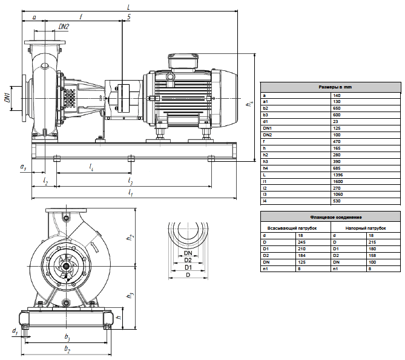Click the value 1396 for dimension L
pyautogui.click(x=338, y=175)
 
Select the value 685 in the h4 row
pyautogui.click(x=337, y=168)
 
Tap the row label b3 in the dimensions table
pyautogui.click(x=266, y=115)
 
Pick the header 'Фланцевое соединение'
pyautogui.click(x=336, y=217)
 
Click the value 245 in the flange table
pyautogui.click(x=301, y=242)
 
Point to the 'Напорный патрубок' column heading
pyautogui.click(x=366, y=228)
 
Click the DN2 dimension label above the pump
pyautogui.click(x=64, y=27)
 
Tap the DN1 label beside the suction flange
pyautogui.click(x=8, y=98)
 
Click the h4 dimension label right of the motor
pyautogui.click(x=249, y=104)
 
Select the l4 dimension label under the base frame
pyautogui.click(x=91, y=167)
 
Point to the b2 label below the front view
pyautogui.click(x=67, y=349)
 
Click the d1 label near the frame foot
pyautogui.click(x=15, y=331)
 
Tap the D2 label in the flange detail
pyautogui.click(x=188, y=260)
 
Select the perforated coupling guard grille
pyautogui.click(x=69, y=98)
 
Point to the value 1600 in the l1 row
pyautogui.click(x=338, y=182)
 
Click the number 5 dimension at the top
pyautogui.click(x=128, y=17)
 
